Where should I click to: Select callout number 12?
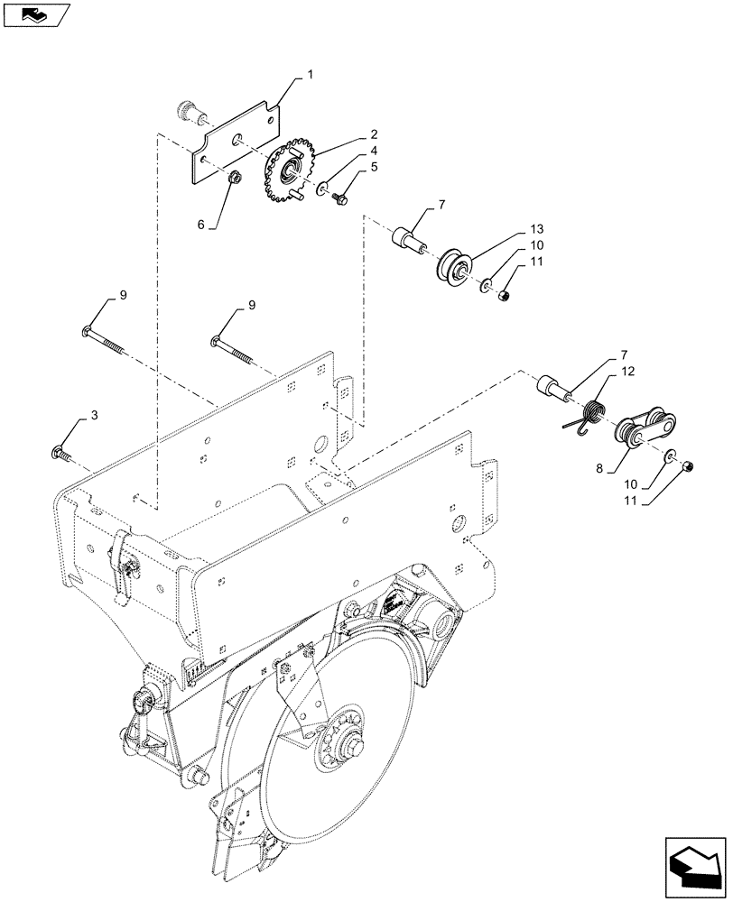[x=628, y=371]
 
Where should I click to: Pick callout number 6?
[x=201, y=224]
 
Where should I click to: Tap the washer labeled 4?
[x=322, y=189]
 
